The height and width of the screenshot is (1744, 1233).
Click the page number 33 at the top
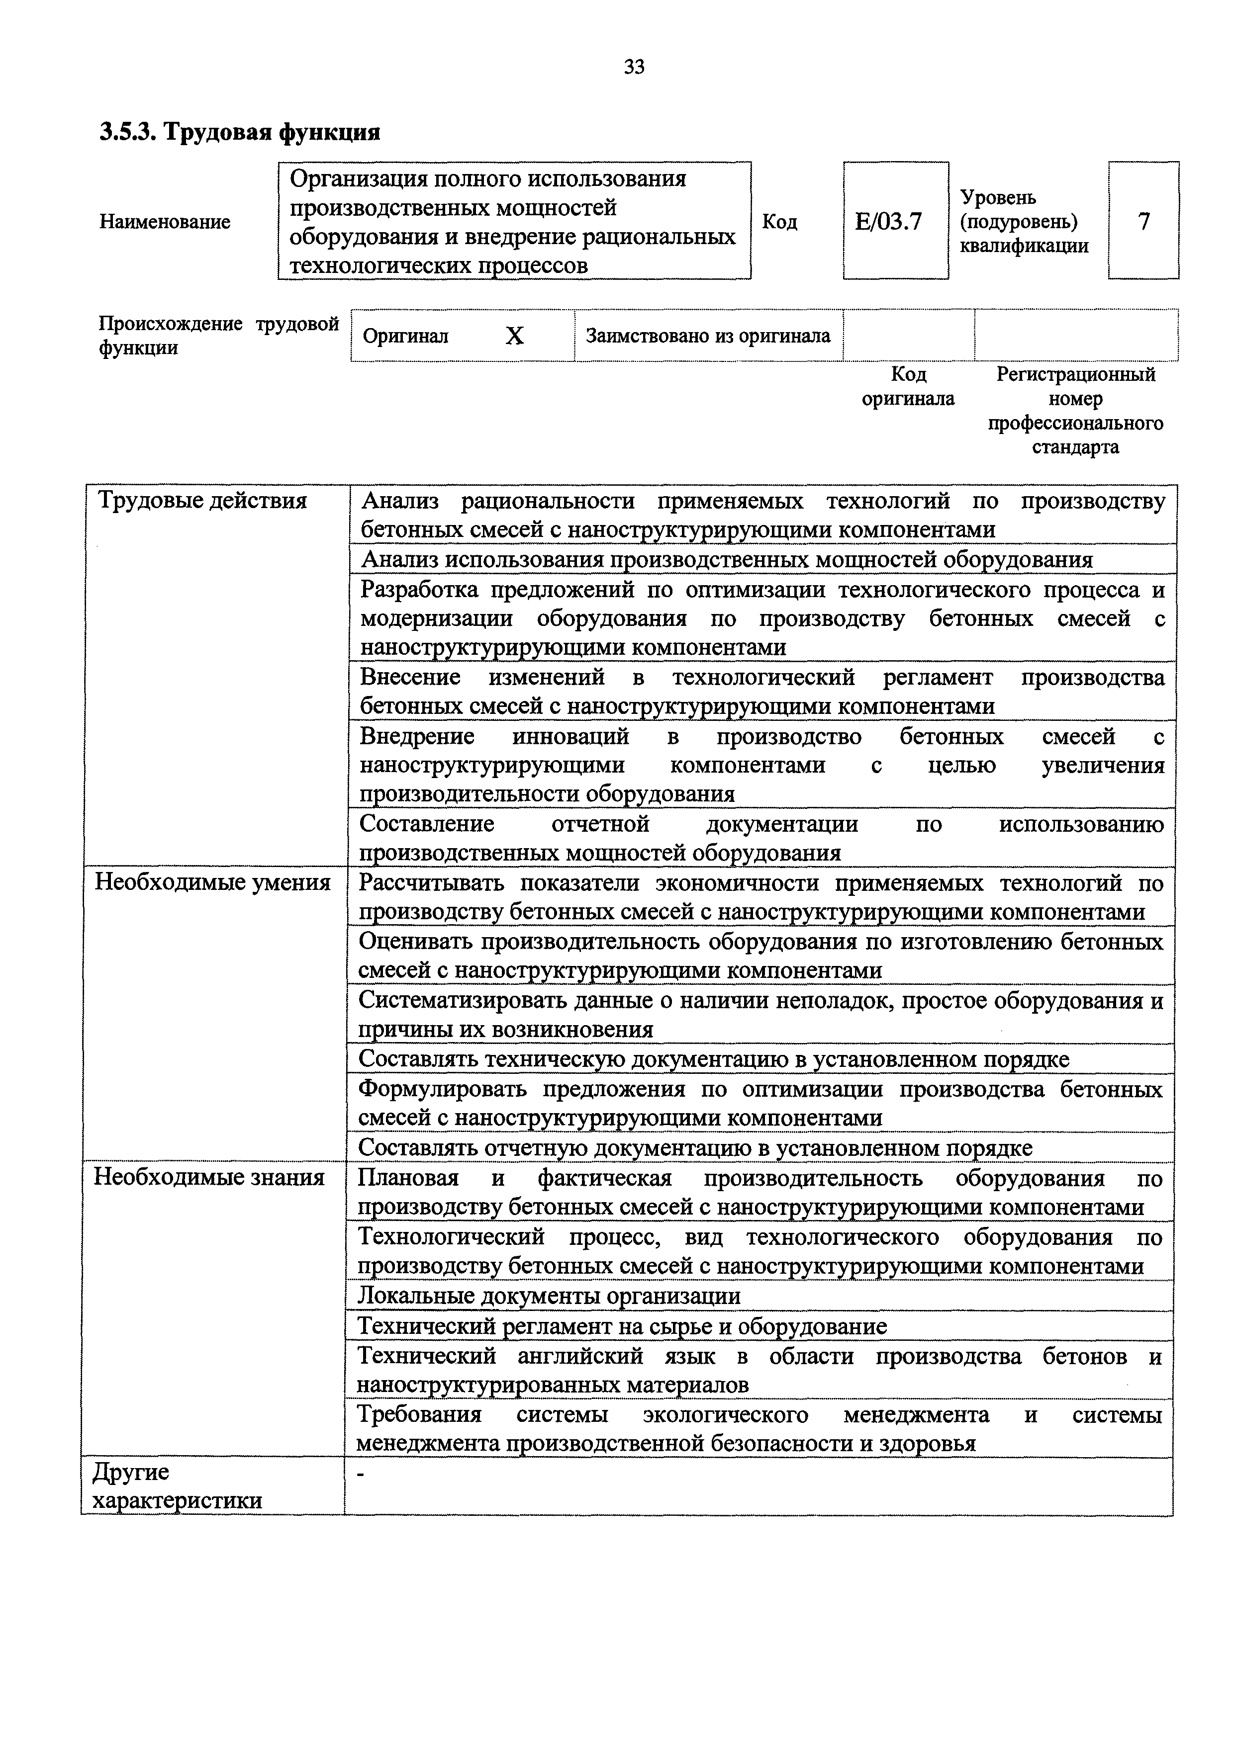(634, 68)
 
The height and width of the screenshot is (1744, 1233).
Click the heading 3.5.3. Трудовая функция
(239, 132)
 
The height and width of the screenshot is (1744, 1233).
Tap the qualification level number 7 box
(1143, 222)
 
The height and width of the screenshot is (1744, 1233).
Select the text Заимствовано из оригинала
(708, 336)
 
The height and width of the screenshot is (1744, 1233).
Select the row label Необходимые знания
(209, 1177)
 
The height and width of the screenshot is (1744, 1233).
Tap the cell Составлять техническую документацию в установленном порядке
(713, 1059)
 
